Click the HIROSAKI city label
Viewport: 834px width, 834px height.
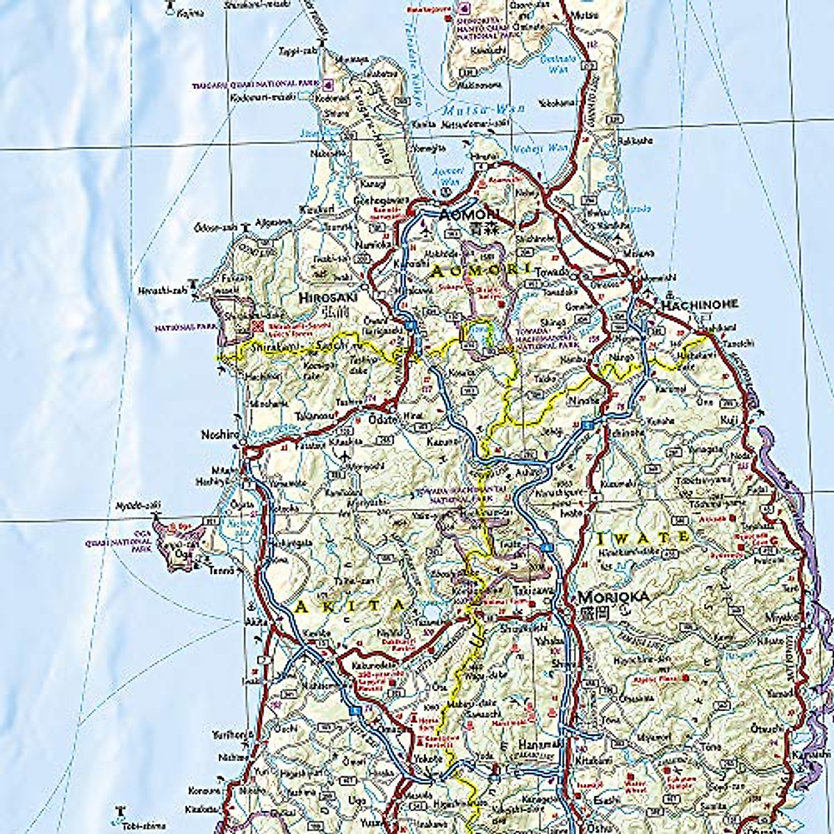pos(326,297)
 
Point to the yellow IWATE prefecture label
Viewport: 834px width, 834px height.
pos(644,537)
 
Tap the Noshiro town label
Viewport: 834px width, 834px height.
pos(220,434)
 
